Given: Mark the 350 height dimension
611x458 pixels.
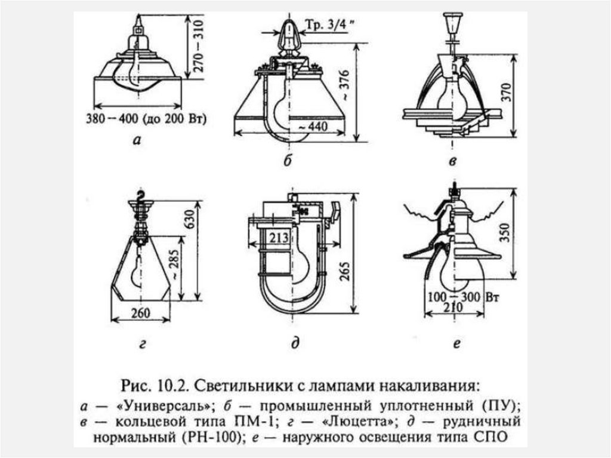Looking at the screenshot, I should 521,233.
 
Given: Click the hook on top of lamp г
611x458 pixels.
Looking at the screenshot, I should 141,195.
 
